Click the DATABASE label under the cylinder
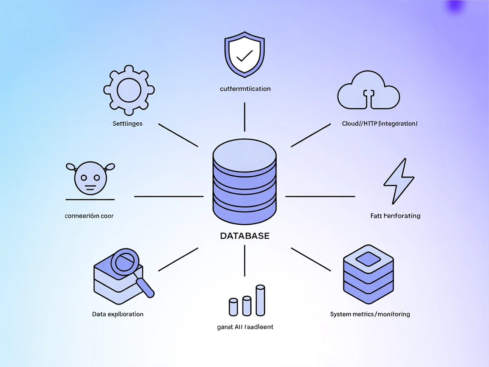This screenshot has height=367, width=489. tap(244, 236)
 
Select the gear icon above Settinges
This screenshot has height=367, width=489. tap(129, 90)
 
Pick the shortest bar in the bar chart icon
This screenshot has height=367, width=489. tap(233, 307)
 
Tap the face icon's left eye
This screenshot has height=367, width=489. tap(84, 178)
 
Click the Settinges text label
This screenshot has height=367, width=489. tap(127, 124)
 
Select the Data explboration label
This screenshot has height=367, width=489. tap(118, 314)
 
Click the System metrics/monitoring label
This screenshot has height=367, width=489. tap(370, 314)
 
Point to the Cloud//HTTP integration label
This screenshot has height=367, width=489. tap(379, 124)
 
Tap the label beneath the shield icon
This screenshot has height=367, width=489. tap(245, 89)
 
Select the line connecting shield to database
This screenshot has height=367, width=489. tap(244, 117)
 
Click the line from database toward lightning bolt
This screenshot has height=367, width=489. tap(320, 196)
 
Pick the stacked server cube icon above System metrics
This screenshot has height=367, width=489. tap(368, 272)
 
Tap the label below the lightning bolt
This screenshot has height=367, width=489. tap(395, 216)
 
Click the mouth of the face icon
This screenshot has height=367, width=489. tap(90, 186)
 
